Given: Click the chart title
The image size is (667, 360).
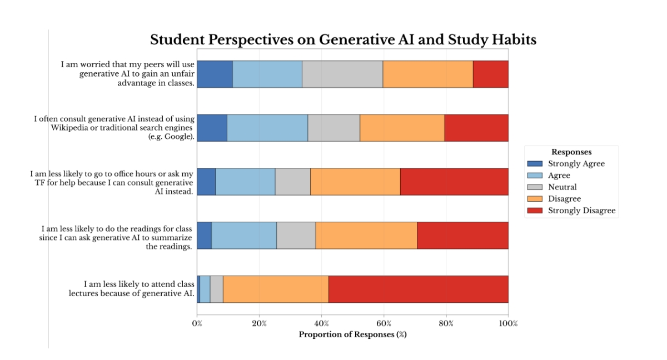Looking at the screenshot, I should pyautogui.click(x=343, y=40).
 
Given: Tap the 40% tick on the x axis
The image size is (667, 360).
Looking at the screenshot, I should pyautogui.click(x=321, y=323).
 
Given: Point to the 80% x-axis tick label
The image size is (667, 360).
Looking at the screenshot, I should pyautogui.click(x=446, y=323).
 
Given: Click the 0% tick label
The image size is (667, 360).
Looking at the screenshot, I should pyautogui.click(x=197, y=323).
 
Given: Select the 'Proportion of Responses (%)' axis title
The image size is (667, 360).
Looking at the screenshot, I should pyautogui.click(x=353, y=334).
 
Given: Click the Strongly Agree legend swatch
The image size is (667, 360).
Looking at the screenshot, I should pyautogui.click(x=535, y=164).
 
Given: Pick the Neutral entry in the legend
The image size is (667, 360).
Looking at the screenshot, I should pyautogui.click(x=562, y=187).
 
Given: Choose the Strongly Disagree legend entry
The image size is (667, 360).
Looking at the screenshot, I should pyautogui.click(x=581, y=211).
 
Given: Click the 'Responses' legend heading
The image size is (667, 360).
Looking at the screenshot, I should pyautogui.click(x=571, y=152).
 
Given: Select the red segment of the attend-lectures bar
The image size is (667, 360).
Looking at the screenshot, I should pyautogui.click(x=418, y=289).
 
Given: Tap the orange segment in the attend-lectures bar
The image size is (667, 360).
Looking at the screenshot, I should pyautogui.click(x=276, y=289).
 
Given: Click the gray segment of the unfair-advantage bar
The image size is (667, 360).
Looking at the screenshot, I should pyautogui.click(x=342, y=74).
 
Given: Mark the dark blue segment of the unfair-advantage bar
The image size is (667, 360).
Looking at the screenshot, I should pyautogui.click(x=215, y=74).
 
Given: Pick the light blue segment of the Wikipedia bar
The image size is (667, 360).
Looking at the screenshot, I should pyautogui.click(x=267, y=128).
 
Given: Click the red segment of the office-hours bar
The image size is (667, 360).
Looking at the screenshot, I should pyautogui.click(x=454, y=182).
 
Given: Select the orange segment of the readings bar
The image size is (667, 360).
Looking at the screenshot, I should pyautogui.click(x=366, y=236).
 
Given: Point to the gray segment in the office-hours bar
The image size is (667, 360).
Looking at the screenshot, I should pyautogui.click(x=292, y=182).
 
